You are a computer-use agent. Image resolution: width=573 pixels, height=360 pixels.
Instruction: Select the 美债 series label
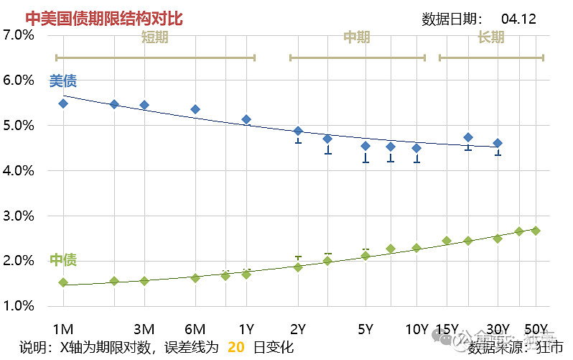pos(62,81)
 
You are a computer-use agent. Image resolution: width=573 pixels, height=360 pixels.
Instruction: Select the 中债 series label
pos(62,260)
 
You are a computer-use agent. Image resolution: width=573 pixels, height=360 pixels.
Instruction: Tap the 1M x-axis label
pos(63,330)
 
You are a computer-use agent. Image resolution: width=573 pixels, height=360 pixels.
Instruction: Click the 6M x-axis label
pos(195,330)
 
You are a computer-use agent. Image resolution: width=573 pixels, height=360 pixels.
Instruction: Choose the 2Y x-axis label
pos(298,330)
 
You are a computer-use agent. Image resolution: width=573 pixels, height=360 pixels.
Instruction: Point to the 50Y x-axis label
pos(537,330)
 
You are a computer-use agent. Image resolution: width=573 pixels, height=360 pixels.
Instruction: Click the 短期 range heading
pos(154,37)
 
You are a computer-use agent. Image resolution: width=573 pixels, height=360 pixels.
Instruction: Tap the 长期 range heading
pos(490,37)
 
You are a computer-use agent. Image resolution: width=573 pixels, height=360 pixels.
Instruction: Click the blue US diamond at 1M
pos(63,103)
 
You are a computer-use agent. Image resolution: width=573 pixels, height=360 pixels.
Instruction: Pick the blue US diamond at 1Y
pos(246,119)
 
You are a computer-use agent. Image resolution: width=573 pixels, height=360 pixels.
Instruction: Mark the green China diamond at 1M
pos(63,282)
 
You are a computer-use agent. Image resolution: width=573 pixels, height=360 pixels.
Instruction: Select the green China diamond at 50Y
pos(536,231)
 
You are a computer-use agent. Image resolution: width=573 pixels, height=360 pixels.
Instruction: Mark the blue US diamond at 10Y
pos(416,148)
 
